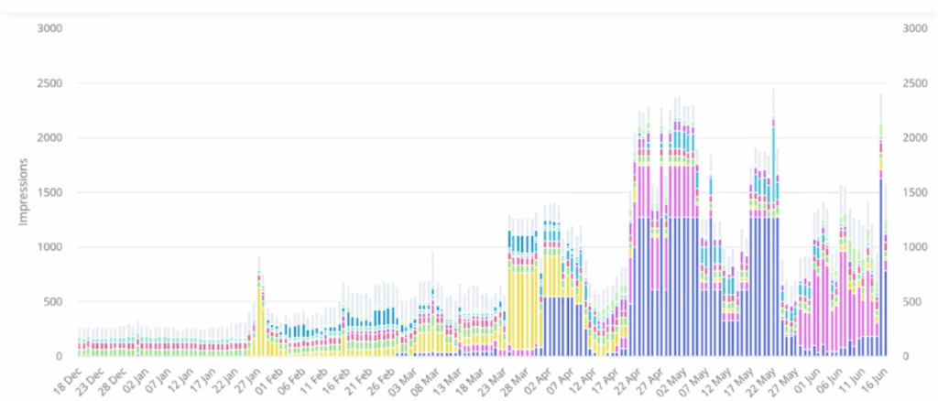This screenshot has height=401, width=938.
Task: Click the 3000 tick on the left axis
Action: pos(49,28)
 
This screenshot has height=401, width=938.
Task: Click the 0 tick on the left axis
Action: pos(57,356)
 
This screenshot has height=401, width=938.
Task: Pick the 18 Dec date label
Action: pos(68,377)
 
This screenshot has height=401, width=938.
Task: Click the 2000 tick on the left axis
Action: pos(49,137)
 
